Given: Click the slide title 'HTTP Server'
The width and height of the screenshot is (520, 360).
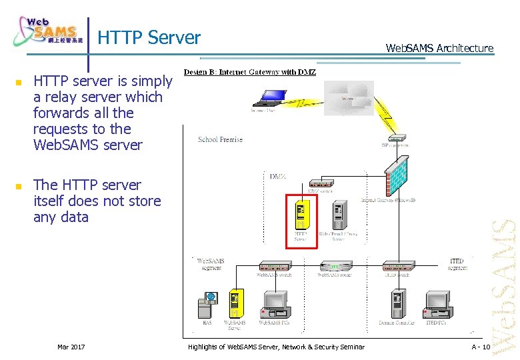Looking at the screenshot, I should click(149, 38).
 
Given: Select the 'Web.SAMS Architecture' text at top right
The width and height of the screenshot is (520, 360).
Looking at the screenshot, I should click(440, 48).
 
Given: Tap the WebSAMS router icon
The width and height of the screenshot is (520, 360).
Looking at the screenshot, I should click(333, 265).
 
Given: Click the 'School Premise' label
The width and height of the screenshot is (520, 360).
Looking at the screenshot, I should click(220, 140).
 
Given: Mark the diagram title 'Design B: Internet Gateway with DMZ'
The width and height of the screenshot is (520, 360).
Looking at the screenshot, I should click(250, 72).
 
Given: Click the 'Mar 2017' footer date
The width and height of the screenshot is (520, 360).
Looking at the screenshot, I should click(71, 347).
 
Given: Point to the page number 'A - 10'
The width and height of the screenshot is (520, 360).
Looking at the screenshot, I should click(480, 347).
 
